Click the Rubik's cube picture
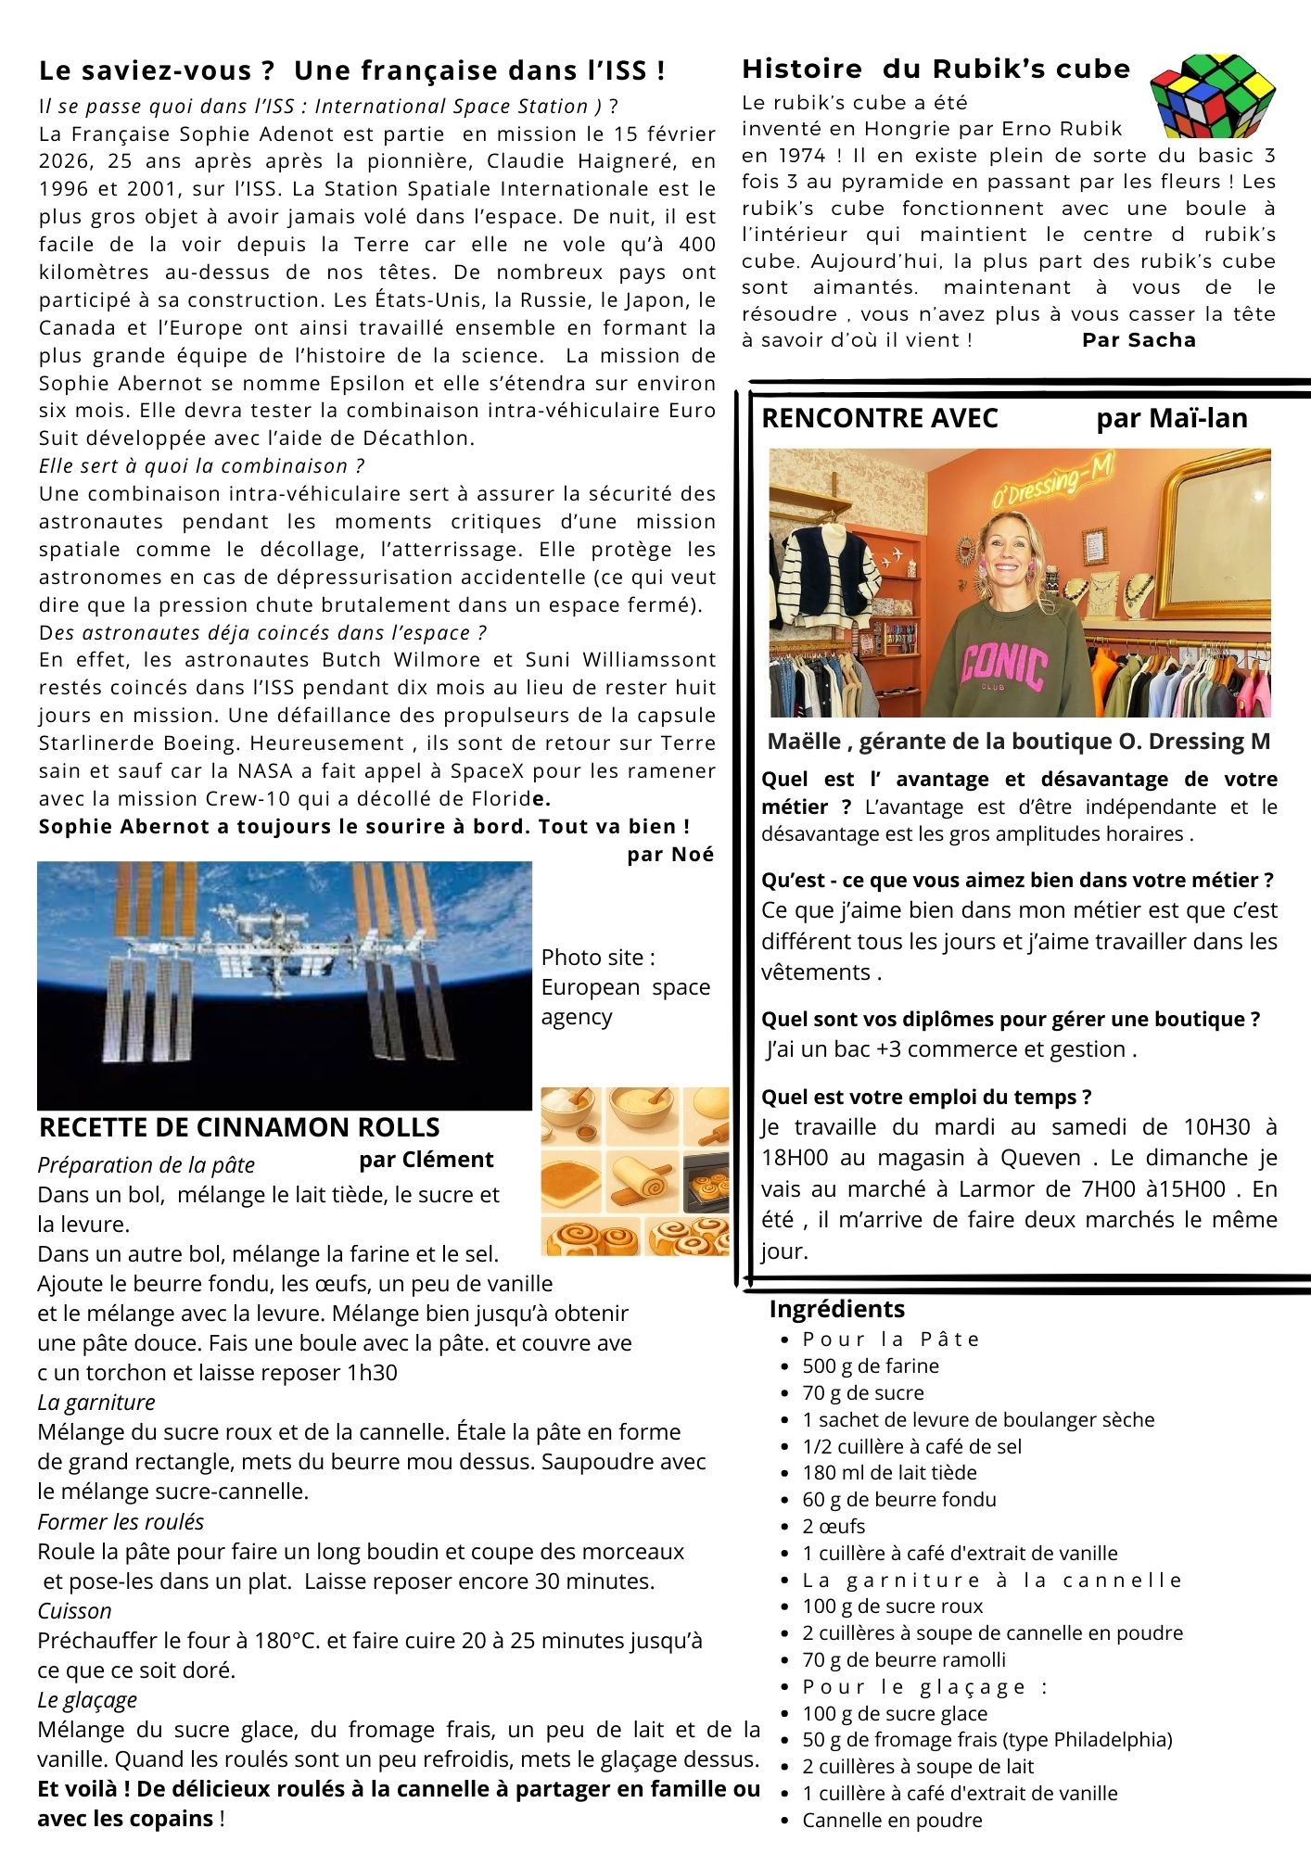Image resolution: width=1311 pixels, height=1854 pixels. pyautogui.click(x=1212, y=95)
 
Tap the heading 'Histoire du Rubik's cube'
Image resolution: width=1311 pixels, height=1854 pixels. pyautogui.click(x=936, y=69)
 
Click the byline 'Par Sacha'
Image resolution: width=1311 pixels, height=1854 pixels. pyautogui.click(x=1139, y=340)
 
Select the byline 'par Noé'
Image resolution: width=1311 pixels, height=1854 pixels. pyautogui.click(x=670, y=855)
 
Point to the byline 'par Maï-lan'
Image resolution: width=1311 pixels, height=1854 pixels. pyautogui.click(x=1171, y=418)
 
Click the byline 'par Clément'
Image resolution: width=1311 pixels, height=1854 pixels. pyautogui.click(x=426, y=1160)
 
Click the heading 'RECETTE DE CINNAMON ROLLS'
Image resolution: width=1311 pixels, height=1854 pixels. pyautogui.click(x=239, y=1127)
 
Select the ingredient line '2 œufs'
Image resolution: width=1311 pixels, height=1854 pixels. pyautogui.click(x=834, y=1526)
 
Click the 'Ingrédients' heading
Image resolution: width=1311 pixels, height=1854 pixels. pyautogui.click(x=836, y=1309)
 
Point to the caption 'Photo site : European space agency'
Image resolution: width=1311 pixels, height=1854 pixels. pyautogui.click(x=626, y=987)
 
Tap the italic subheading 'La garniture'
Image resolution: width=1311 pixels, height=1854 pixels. pyautogui.click(x=96, y=1403)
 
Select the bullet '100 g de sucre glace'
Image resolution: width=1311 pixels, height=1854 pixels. pyautogui.click(x=895, y=1713)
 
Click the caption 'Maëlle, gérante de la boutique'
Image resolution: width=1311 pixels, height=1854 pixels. pyautogui.click(x=1018, y=742)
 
